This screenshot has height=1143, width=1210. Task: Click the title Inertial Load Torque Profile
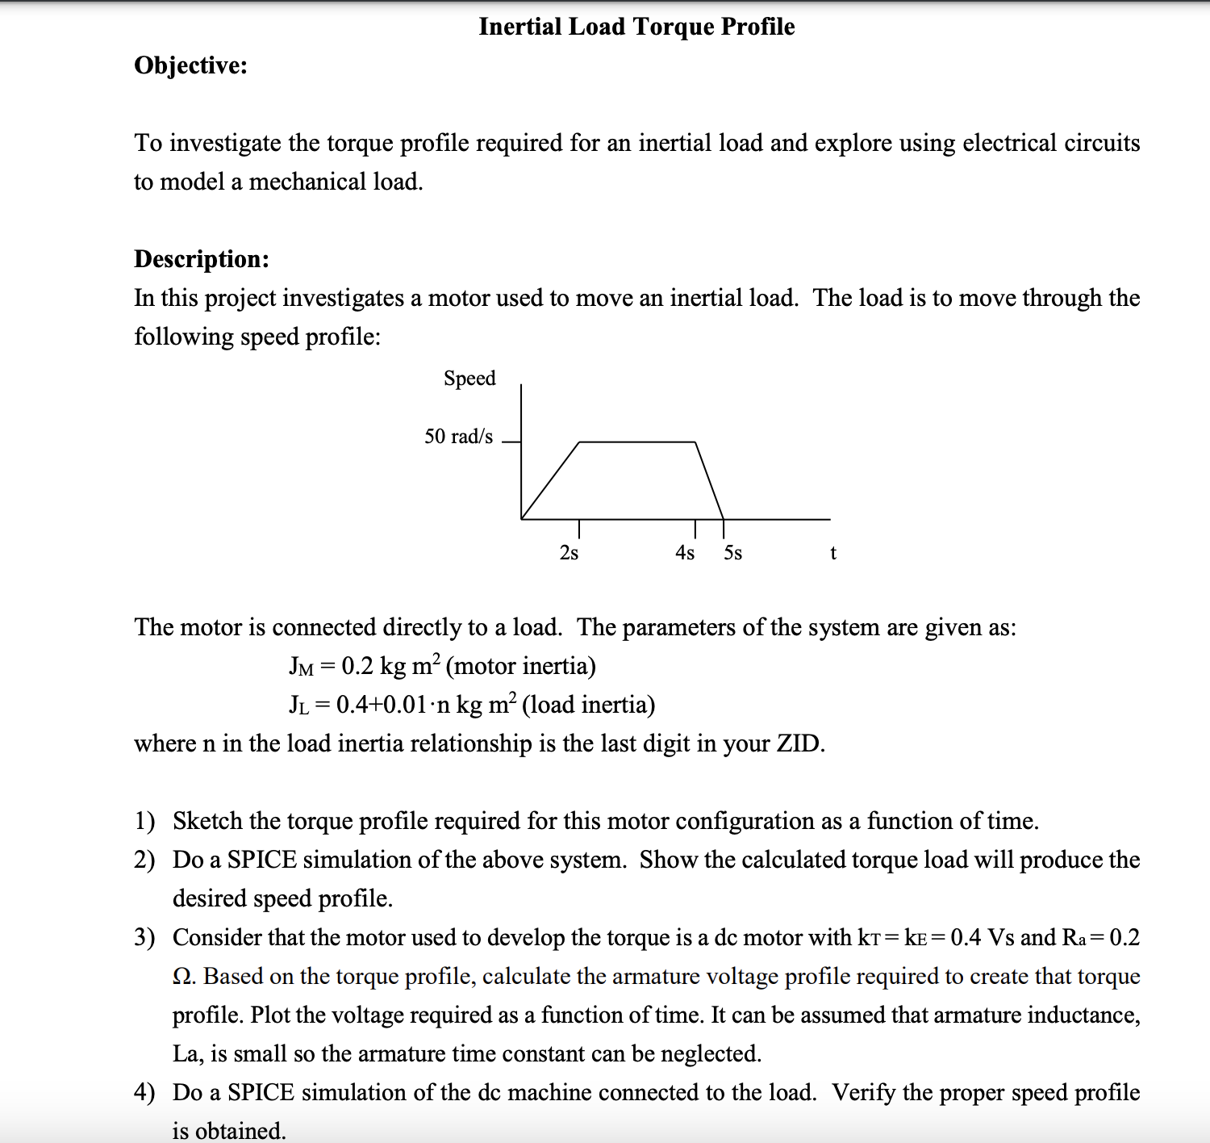coord(636,27)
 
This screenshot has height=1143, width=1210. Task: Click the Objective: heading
coord(190,65)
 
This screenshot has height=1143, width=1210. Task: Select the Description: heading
coord(202,259)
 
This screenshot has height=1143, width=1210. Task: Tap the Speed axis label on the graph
coord(469,379)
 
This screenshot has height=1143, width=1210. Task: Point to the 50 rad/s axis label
coord(458,437)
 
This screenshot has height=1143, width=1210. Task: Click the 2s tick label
coord(569,553)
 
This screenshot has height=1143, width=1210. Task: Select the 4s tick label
coord(685,553)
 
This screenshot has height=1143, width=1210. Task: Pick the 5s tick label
coord(732,553)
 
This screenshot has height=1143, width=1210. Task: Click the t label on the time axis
coord(833,553)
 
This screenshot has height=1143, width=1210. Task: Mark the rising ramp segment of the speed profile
coord(551,480)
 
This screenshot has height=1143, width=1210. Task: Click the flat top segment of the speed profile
coord(637,442)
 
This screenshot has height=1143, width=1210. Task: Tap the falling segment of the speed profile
coord(709,480)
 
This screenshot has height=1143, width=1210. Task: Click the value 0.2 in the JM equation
coord(357,666)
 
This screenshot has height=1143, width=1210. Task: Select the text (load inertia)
coord(588,705)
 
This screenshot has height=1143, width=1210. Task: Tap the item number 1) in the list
coord(144,821)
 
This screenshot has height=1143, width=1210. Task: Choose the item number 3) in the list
coord(144,937)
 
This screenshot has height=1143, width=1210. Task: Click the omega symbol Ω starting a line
coord(183,977)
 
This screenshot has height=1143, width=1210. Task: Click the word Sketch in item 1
coord(207,821)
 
